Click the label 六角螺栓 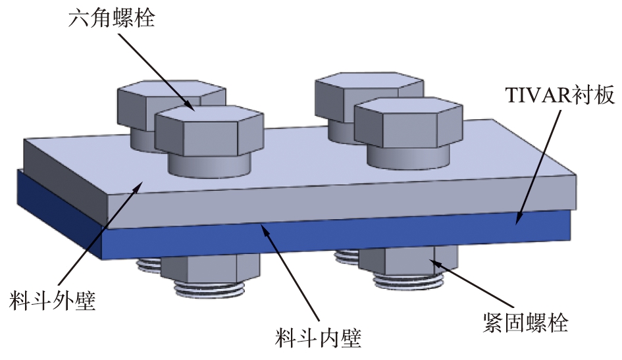(112, 18)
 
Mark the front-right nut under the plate (408, 262)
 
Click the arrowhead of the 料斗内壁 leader (263, 227)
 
